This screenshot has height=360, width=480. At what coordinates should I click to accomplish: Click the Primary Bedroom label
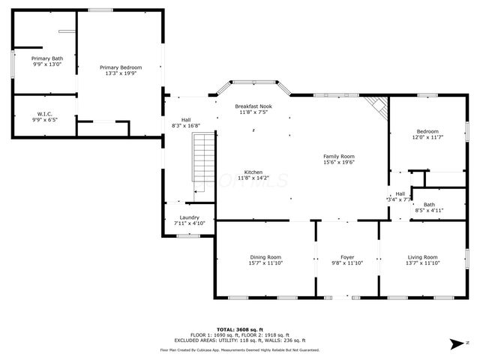tap(121, 67)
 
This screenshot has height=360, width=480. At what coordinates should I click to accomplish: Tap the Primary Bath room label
tap(46, 58)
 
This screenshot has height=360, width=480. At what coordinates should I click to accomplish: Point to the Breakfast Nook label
tap(253, 106)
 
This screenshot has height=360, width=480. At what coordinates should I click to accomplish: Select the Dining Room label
tap(265, 257)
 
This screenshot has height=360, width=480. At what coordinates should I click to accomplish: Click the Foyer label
tap(347, 257)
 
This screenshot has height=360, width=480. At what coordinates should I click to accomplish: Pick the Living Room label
tap(423, 257)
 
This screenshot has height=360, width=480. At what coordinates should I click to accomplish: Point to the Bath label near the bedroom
tap(429, 205)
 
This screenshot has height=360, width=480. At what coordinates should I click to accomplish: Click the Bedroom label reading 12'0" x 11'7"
tap(427, 131)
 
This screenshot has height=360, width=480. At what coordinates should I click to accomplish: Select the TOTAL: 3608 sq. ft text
tap(239, 329)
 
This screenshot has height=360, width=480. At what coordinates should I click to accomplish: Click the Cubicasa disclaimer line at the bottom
tap(239, 349)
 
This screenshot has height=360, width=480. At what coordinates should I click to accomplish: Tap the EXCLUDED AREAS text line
tap(239, 340)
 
